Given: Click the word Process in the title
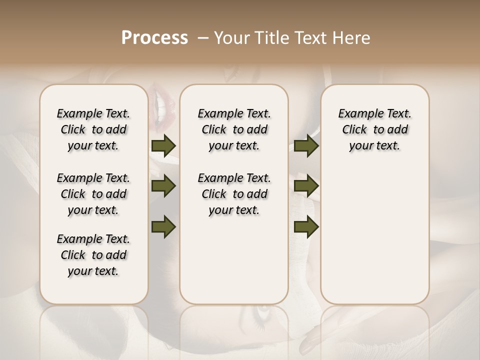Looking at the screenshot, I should click(154, 38).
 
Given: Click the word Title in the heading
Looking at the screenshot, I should click(268, 38).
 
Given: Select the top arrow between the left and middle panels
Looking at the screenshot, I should click(163, 145).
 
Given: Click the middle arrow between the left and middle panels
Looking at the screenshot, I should click(163, 186).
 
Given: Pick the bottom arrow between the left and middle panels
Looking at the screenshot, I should click(163, 226).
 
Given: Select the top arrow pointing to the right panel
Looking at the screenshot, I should click(306, 145).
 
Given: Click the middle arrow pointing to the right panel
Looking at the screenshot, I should click(306, 186).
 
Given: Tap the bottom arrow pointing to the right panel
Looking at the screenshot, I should click(306, 226).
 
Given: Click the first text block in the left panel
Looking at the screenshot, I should click(93, 129).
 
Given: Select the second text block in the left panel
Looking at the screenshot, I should click(93, 194).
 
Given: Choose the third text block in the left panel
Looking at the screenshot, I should click(93, 255).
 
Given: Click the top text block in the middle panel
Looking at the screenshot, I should click(234, 129).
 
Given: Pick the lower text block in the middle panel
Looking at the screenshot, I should click(234, 194).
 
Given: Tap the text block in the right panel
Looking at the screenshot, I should click(374, 129).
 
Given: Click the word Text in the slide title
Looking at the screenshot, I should click(312, 38).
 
